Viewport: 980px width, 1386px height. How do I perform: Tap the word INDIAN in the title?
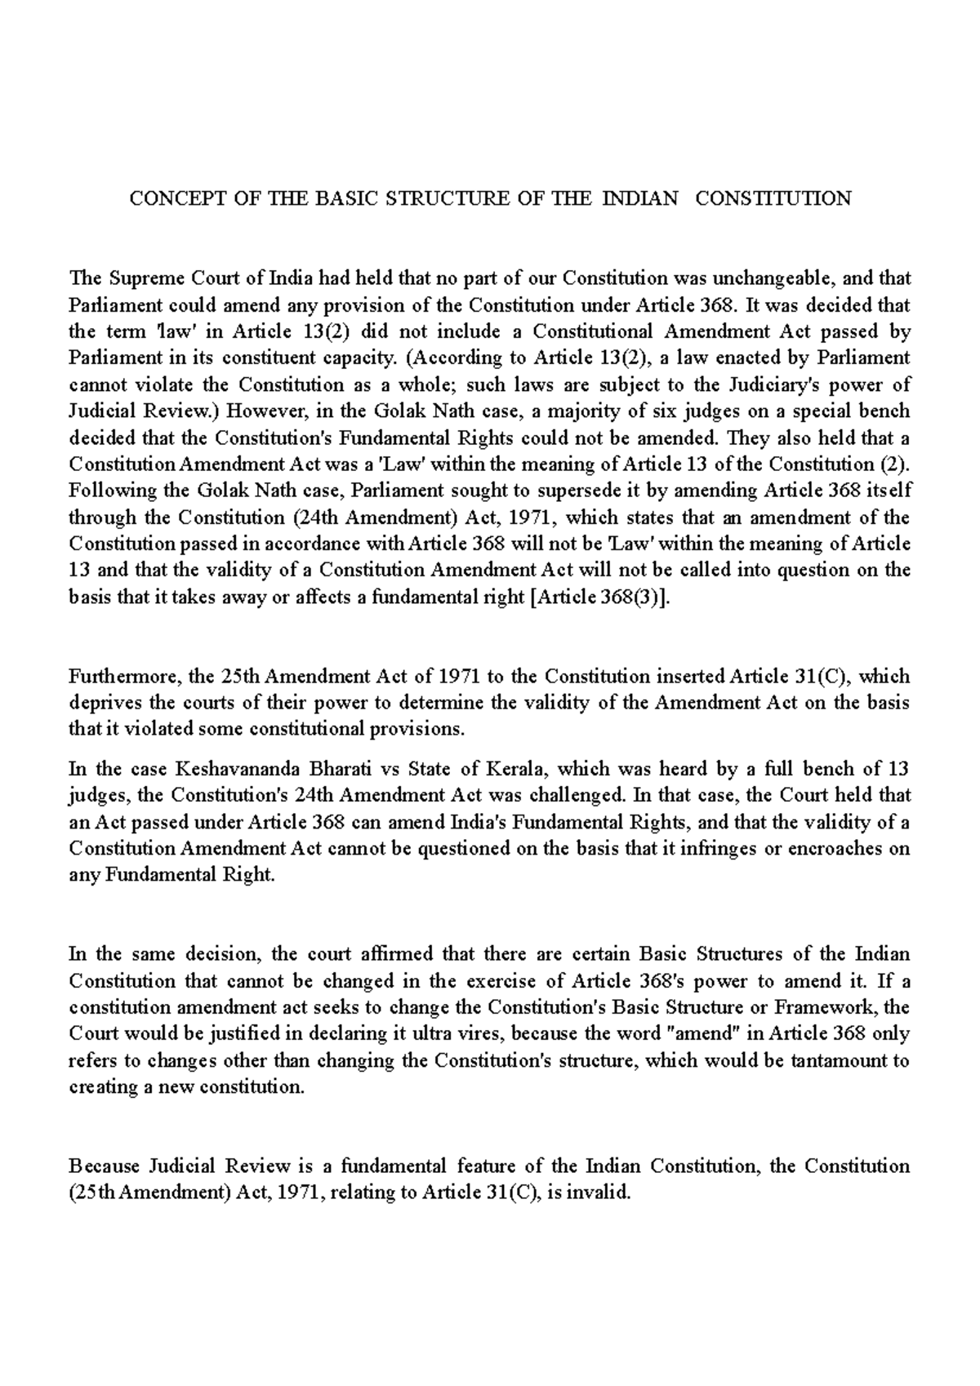tap(639, 198)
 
